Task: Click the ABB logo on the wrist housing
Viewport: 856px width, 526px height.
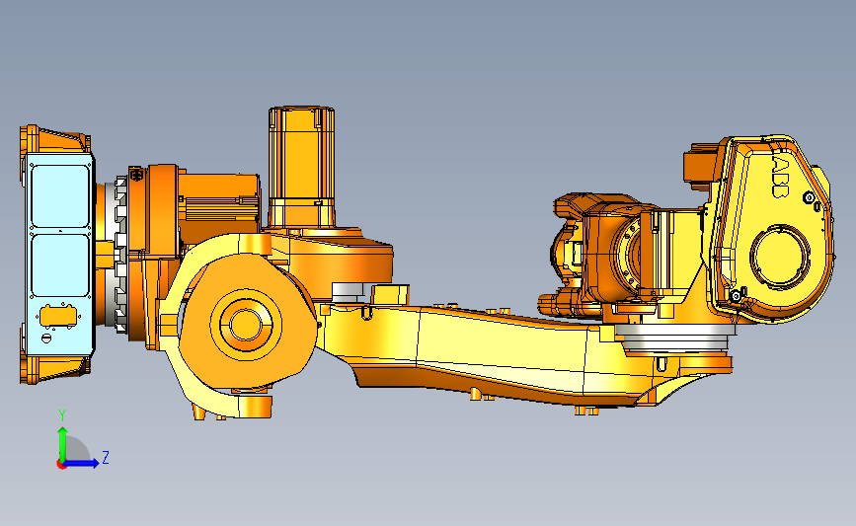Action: click(781, 178)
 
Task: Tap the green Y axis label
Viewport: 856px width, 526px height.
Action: click(62, 415)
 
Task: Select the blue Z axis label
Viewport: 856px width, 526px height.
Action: click(106, 457)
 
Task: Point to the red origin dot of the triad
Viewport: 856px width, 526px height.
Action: click(61, 465)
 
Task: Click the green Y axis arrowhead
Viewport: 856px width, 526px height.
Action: click(63, 432)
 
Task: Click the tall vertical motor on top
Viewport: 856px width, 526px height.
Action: click(301, 167)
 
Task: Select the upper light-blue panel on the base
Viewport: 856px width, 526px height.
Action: click(60, 195)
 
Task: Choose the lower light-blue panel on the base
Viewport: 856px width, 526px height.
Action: click(60, 265)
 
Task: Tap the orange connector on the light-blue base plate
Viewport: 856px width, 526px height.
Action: click(58, 317)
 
